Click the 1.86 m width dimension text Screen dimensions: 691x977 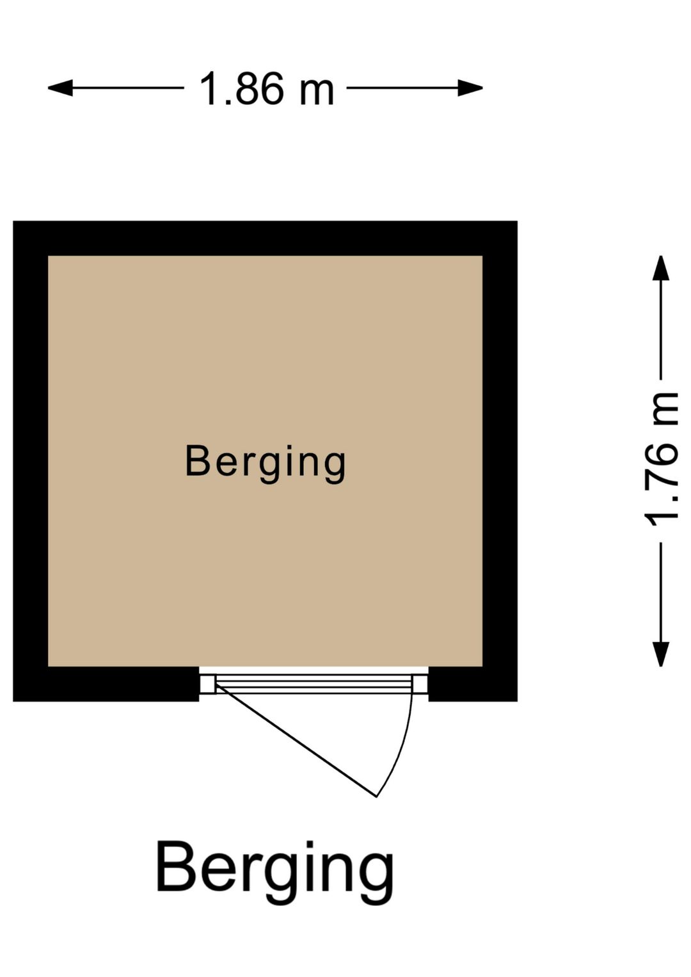pos(266,88)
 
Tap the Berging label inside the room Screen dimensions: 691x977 pos(266,464)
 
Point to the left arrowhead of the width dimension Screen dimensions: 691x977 pos(60,88)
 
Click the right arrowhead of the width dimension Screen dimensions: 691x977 pos(470,88)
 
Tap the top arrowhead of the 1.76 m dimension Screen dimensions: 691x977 pos(661,268)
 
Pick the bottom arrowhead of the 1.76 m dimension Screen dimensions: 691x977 pos(661,654)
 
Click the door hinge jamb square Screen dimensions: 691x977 pos(207,684)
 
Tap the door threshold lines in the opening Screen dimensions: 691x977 pos(314,684)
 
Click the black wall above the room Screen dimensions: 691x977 pos(265,238)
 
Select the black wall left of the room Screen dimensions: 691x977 pos(31,461)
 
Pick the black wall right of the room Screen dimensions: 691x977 pos(500,461)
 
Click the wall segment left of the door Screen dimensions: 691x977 pos(106,684)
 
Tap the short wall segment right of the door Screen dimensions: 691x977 pos(473,684)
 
